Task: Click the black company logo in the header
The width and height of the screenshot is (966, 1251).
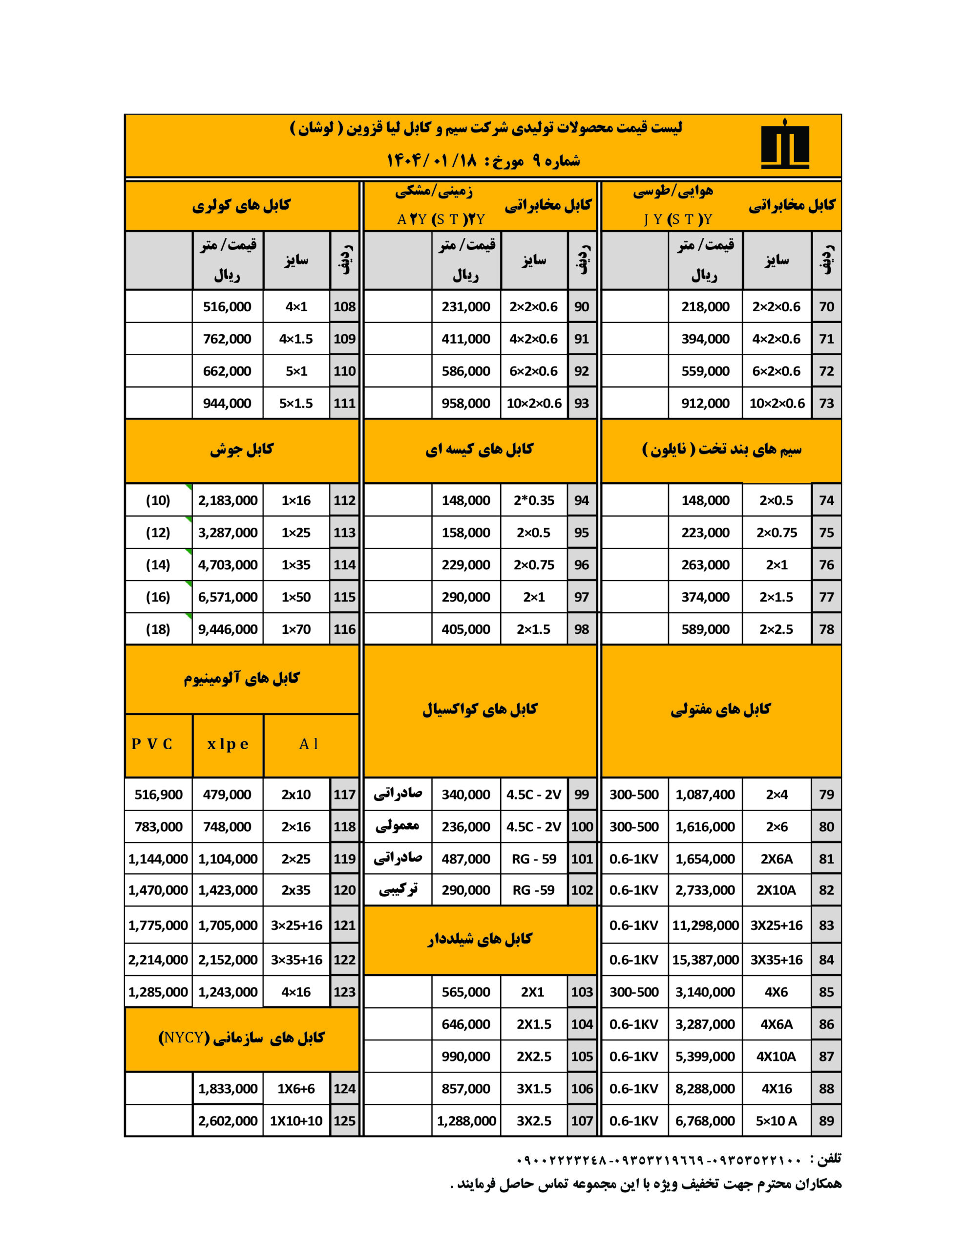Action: pyautogui.click(x=784, y=146)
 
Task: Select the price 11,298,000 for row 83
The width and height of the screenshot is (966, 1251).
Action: pyautogui.click(x=705, y=925)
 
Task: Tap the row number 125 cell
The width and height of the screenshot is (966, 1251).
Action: pyautogui.click(x=344, y=1121)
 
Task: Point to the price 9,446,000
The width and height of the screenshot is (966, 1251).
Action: pyautogui.click(x=227, y=629)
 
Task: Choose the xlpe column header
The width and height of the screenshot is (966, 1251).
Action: pyautogui.click(x=227, y=744)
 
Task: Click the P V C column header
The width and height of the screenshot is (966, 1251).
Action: pyautogui.click(x=152, y=744)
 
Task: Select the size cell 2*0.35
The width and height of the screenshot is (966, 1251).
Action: pyautogui.click(x=534, y=500)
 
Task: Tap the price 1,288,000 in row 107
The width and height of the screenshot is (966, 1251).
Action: pyautogui.click(x=466, y=1121)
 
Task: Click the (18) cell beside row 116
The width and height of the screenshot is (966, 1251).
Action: pyautogui.click(x=158, y=629)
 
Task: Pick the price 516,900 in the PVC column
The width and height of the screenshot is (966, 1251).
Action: pyautogui.click(x=158, y=795)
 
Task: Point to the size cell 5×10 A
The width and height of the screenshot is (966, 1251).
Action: pyautogui.click(x=776, y=1121)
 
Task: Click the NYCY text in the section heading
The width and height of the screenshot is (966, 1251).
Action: pyautogui.click(x=183, y=1037)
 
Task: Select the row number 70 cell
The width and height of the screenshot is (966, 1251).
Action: pyautogui.click(x=826, y=306)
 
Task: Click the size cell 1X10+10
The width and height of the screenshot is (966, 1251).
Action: pyautogui.click(x=296, y=1121)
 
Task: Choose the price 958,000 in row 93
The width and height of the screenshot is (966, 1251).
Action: pyautogui.click(x=465, y=403)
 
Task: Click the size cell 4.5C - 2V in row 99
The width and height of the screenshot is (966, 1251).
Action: pyautogui.click(x=534, y=795)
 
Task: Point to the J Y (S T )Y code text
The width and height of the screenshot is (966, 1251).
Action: pyautogui.click(x=677, y=219)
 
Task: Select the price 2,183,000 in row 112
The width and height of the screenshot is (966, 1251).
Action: pyautogui.click(x=227, y=500)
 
